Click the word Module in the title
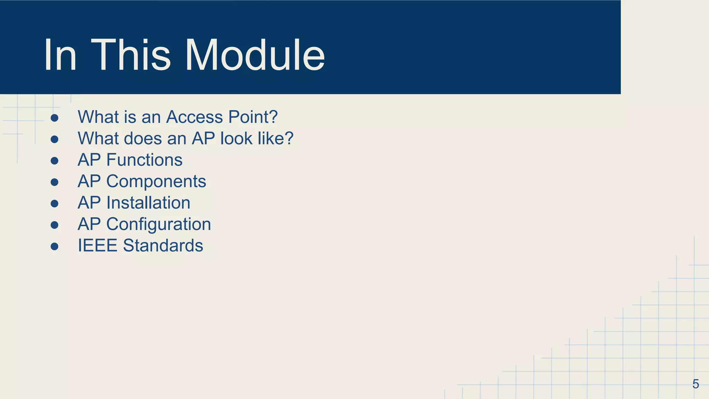[x=255, y=55]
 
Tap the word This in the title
[x=131, y=55]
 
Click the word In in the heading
[x=60, y=55]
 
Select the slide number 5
[x=695, y=384]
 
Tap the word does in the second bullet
[x=143, y=139]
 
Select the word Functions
[x=144, y=160]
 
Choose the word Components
[x=156, y=181]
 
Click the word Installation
[x=148, y=203]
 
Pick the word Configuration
[x=159, y=224]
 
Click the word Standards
[x=163, y=246]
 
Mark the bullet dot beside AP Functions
[x=54, y=161]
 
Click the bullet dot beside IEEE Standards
[x=54, y=246]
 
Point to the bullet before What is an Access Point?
[x=54, y=118]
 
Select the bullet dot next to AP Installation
[x=54, y=204]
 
